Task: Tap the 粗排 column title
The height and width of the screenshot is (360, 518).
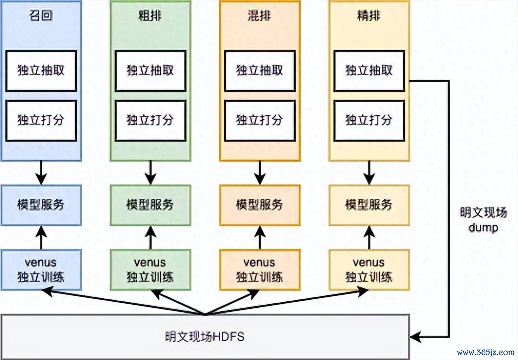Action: (x=150, y=17)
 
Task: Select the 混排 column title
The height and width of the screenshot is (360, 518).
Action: (x=259, y=17)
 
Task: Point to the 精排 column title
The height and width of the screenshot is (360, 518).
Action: (x=369, y=17)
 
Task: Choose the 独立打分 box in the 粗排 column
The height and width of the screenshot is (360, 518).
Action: (x=150, y=120)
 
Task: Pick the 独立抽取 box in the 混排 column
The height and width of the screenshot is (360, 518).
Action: (x=259, y=70)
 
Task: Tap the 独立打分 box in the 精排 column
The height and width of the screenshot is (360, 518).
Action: (x=369, y=120)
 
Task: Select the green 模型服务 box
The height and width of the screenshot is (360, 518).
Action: (x=150, y=204)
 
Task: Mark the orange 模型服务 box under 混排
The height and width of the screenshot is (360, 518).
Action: (x=259, y=204)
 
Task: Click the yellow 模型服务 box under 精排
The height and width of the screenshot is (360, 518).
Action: (x=369, y=204)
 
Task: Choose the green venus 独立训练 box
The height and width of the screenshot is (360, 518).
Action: (x=150, y=269)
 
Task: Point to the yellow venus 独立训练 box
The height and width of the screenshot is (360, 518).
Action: (x=369, y=269)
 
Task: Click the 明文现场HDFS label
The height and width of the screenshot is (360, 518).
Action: (x=205, y=337)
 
